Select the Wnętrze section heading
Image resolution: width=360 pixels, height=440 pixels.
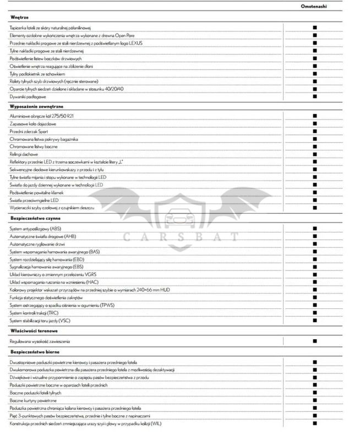19,18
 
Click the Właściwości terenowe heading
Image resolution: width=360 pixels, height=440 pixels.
31,330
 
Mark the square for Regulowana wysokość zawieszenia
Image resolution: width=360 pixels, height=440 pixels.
315,341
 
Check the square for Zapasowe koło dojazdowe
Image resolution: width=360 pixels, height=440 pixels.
315,124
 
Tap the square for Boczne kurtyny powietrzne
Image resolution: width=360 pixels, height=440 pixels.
315,400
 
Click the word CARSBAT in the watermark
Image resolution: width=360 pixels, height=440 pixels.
181,238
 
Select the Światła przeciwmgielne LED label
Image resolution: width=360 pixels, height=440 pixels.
35,200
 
